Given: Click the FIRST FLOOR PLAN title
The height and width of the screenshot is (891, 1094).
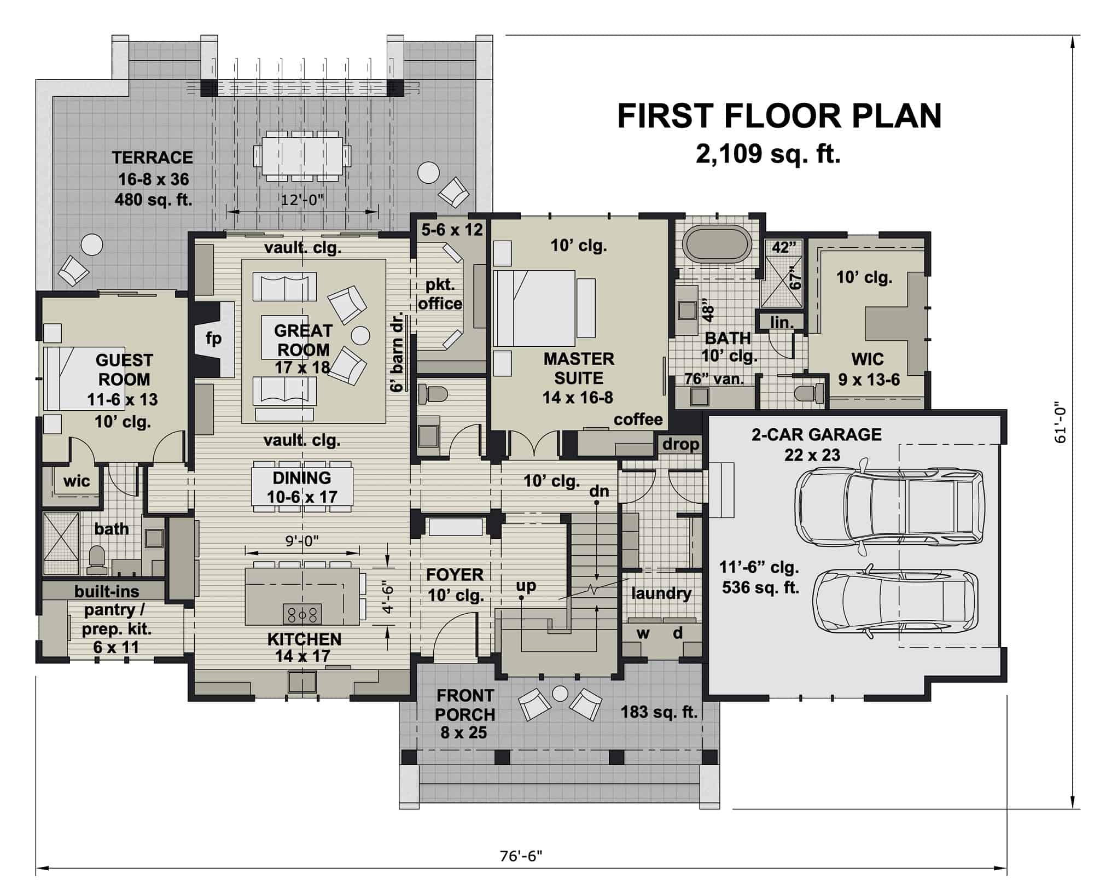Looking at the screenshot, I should [x=779, y=116].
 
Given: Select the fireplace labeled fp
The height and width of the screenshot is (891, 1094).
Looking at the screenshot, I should [x=214, y=339].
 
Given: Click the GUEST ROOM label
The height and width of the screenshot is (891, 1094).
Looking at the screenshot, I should [x=124, y=370].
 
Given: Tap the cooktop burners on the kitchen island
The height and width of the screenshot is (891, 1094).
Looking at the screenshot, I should [x=302, y=614].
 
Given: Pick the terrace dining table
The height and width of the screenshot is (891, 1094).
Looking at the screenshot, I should [x=302, y=155].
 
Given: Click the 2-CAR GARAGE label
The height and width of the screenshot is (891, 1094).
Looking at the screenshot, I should [x=816, y=435].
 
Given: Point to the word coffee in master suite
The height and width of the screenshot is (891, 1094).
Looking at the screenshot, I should [x=638, y=420].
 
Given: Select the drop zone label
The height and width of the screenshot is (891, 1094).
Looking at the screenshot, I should [x=680, y=444].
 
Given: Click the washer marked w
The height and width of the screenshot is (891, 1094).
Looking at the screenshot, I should [x=643, y=633].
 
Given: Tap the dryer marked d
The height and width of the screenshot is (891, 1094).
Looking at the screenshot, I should [x=678, y=633].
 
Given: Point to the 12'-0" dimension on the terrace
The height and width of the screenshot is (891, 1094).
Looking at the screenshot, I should [x=302, y=200].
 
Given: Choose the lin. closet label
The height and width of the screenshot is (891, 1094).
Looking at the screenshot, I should [x=782, y=323].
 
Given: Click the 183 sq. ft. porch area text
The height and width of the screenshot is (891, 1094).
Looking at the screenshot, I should [x=659, y=712].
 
